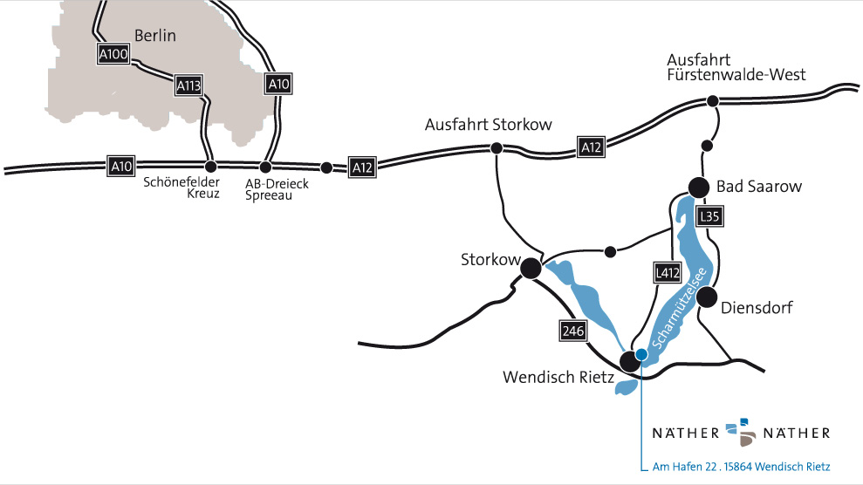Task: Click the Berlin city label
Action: click(155, 36)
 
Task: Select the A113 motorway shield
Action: click(188, 85)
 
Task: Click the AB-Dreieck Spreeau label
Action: click(277, 188)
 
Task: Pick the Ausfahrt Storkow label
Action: click(488, 125)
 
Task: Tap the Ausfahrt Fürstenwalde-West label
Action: click(736, 67)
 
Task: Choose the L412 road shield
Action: click(667, 273)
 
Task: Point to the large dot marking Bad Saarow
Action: click(698, 187)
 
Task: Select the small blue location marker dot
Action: click(641, 354)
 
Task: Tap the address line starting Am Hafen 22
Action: click(741, 466)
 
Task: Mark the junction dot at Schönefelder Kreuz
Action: click(209, 167)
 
